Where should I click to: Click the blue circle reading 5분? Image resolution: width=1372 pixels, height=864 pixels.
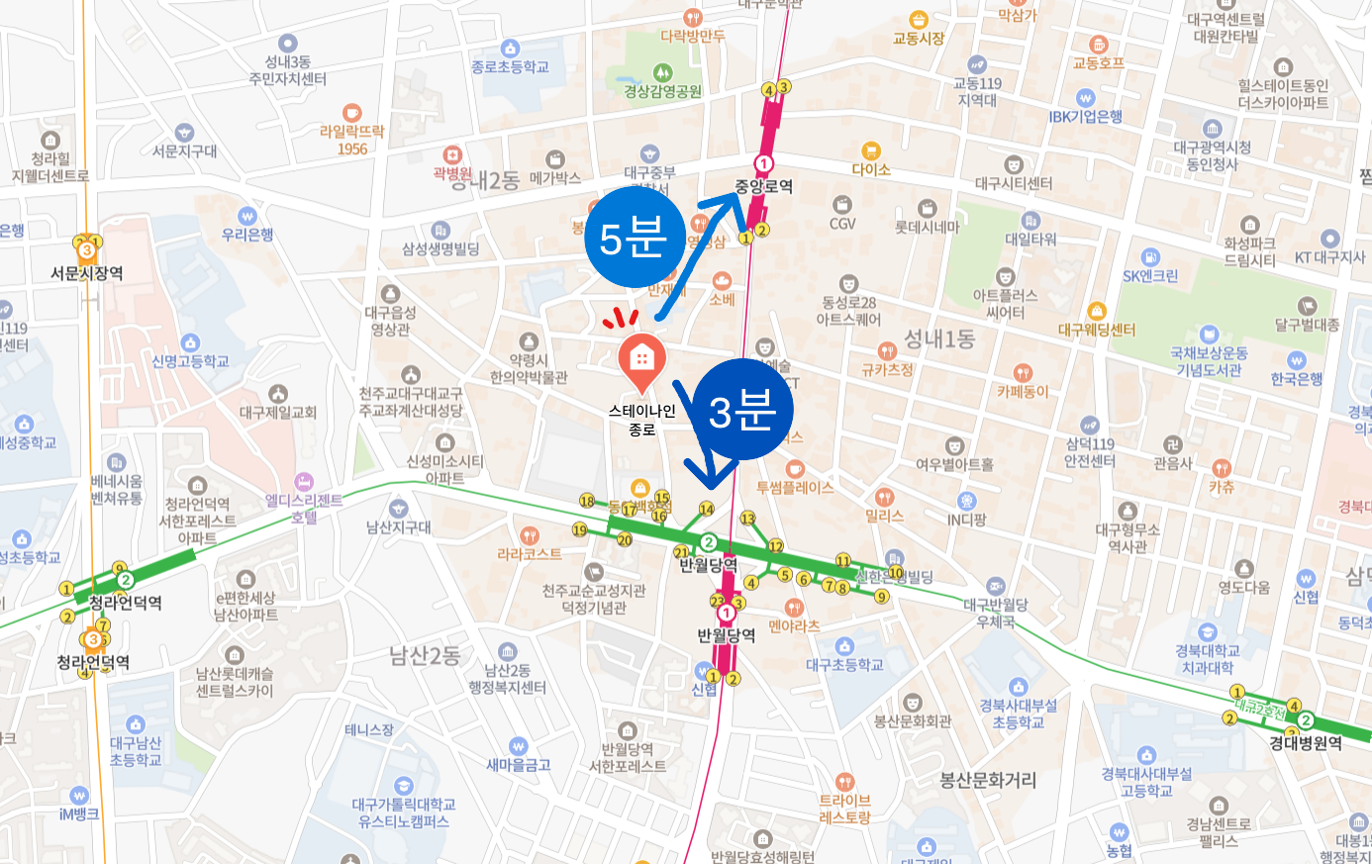(x=634, y=239)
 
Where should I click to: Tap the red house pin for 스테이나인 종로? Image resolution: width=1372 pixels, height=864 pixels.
(x=641, y=361)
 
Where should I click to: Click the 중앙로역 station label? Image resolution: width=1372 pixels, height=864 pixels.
(x=763, y=186)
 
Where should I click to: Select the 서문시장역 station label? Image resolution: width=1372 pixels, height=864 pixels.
(x=87, y=273)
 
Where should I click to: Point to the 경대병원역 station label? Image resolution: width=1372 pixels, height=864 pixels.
(x=1306, y=743)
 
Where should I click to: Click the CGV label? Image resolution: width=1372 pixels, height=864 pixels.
(x=842, y=224)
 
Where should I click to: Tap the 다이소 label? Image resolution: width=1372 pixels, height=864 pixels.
(x=871, y=169)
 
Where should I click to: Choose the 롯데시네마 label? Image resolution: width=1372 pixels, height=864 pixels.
(x=927, y=227)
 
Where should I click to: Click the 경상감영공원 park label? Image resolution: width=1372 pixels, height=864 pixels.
(x=662, y=91)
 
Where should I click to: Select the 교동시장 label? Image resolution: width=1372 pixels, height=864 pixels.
(x=919, y=39)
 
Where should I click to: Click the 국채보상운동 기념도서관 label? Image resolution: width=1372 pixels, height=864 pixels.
(x=1209, y=361)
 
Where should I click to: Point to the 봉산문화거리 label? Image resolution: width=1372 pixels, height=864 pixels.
(x=988, y=780)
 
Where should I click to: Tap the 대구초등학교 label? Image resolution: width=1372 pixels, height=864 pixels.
(x=844, y=665)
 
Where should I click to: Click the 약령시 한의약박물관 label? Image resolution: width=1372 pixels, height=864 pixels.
(x=529, y=368)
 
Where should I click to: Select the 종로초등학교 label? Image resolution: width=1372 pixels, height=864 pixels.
(x=510, y=66)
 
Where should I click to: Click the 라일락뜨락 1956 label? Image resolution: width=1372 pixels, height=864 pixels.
(x=351, y=140)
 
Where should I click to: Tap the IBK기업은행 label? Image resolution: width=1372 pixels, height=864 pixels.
(x=1086, y=116)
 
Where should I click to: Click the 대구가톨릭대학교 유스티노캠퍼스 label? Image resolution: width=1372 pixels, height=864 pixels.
(x=404, y=813)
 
